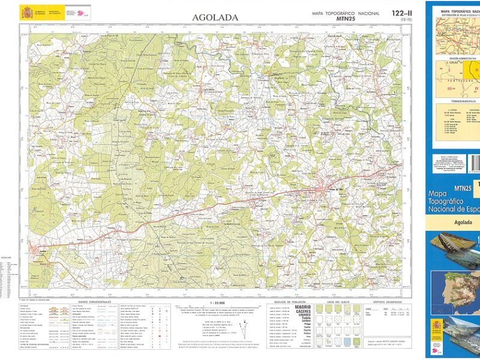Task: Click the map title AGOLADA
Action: point(215,17)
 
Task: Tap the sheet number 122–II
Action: point(401,13)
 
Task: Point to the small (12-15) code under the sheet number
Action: point(406,20)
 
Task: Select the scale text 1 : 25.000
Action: point(220,302)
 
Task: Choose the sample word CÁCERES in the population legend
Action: point(303,313)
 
